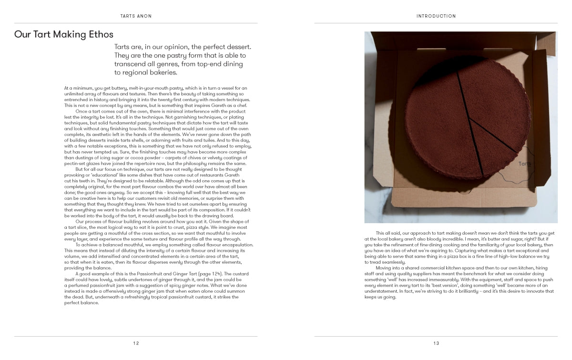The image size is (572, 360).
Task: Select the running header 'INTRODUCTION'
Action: (436, 16)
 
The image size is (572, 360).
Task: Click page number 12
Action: (136, 343)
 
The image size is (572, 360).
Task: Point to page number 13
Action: (436, 343)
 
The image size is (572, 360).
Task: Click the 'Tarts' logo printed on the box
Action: (525, 164)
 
